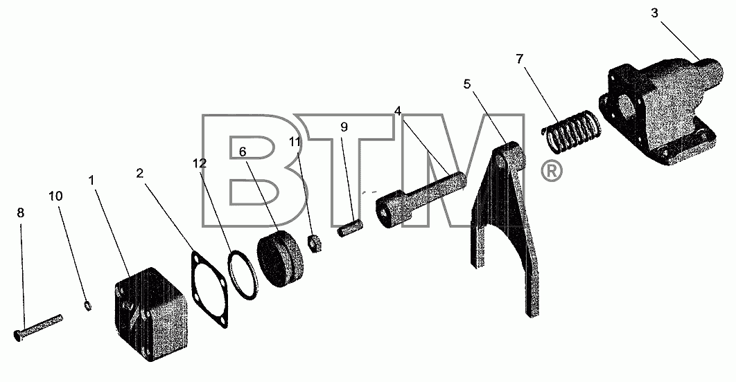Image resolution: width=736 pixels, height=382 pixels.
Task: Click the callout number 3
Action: [x=655, y=13]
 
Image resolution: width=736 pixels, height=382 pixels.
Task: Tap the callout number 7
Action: [x=519, y=59]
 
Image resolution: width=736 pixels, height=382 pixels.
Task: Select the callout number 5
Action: [x=466, y=84]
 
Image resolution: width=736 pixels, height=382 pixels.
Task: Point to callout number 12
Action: [x=200, y=163]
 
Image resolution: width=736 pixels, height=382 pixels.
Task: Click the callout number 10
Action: [x=55, y=196]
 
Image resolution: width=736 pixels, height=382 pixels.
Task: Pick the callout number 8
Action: [x=20, y=212]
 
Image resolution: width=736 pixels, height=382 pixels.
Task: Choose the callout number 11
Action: [x=295, y=142]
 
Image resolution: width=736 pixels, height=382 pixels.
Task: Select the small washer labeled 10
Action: [x=88, y=306]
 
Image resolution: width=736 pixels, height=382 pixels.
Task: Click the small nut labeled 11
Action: [x=314, y=243]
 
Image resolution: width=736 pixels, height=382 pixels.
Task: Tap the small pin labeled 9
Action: [x=350, y=229]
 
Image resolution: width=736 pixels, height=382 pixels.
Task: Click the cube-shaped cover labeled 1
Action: [x=151, y=314]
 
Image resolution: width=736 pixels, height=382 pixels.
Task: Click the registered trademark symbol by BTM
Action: [x=552, y=172]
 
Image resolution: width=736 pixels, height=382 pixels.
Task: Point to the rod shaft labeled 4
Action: [x=421, y=201]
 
